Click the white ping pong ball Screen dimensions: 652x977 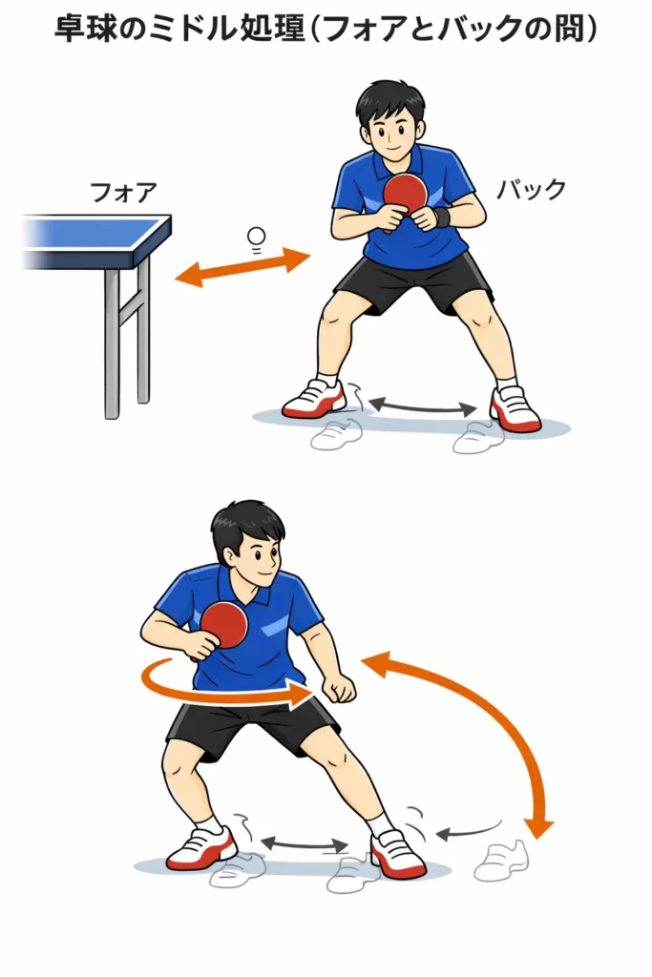coord(256,237)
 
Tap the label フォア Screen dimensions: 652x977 coord(123,192)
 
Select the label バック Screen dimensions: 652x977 coord(531,190)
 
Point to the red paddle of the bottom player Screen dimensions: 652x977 coord(223,627)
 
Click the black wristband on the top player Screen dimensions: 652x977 coord(442,217)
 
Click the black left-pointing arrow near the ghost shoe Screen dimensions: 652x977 coord(468,831)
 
